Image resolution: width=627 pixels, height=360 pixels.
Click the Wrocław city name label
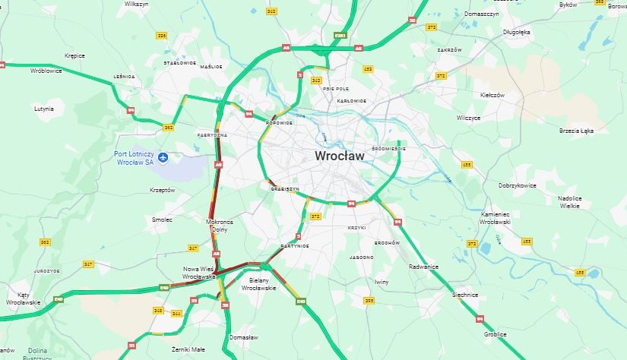coord(339,156)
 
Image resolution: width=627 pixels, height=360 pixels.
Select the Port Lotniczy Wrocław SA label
coord(133,156)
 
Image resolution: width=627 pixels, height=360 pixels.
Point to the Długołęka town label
coord(516,32)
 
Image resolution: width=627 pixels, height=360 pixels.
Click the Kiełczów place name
coord(492,95)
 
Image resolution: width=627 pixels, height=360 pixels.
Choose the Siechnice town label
coord(464,294)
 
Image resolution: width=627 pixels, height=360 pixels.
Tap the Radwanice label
coord(424,267)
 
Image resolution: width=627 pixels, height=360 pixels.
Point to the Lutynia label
coord(44,109)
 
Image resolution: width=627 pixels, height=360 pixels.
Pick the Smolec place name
coord(162,219)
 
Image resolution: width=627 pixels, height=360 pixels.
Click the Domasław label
coord(244,336)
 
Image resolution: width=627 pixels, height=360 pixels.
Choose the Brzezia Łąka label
coord(575,130)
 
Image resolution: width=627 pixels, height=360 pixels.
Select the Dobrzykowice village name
coord(518,185)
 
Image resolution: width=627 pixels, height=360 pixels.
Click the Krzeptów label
coord(163,190)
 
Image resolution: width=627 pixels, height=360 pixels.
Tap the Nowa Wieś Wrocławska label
coord(200,273)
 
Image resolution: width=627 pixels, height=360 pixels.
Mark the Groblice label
coord(496,333)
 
